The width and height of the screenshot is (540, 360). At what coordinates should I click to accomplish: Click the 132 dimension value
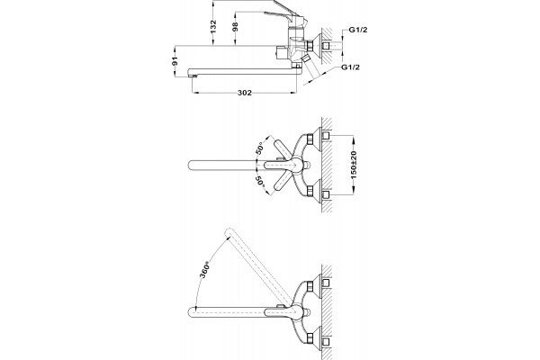(213, 27)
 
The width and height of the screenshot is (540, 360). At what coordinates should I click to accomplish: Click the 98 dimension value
(236, 27)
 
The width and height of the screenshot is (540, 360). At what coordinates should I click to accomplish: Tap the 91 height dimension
(175, 62)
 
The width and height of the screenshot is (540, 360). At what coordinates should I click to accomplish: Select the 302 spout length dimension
(245, 93)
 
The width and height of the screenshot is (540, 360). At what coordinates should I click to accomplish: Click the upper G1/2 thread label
(358, 30)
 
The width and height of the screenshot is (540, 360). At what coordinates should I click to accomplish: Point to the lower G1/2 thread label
(351, 67)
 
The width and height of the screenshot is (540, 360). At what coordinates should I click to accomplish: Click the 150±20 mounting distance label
(354, 165)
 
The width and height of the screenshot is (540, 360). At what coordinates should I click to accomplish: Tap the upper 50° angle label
(259, 148)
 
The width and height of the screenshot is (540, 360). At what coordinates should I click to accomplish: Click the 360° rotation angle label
(204, 271)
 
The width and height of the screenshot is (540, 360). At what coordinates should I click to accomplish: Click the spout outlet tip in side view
(193, 75)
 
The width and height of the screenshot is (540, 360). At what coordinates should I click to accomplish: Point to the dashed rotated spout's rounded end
(229, 233)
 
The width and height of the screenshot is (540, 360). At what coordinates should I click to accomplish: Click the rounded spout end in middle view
(192, 165)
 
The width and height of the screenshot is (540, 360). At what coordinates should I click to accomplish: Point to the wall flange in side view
(317, 45)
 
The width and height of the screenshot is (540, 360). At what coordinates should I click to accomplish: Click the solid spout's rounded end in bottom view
(192, 312)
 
